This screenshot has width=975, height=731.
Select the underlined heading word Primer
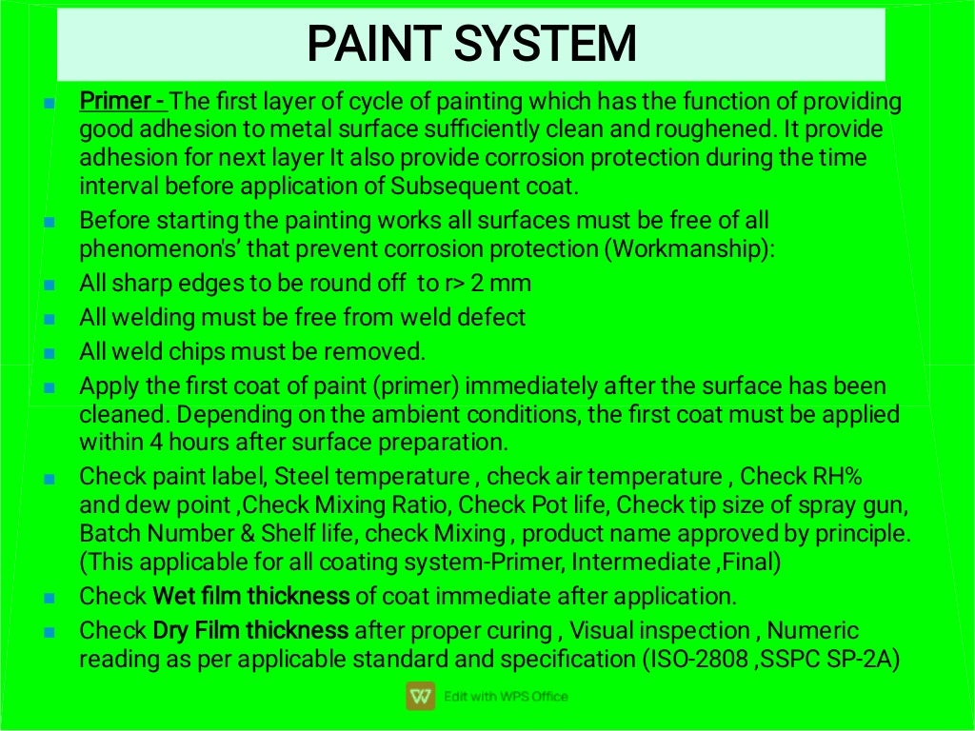(115, 101)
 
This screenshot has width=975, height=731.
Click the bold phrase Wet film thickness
(251, 597)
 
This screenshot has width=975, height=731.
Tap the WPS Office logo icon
(420, 696)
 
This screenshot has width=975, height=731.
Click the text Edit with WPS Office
(506, 697)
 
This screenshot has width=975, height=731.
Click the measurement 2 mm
(502, 283)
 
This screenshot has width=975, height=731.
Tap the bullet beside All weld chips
(50, 352)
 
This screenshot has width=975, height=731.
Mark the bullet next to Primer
(50, 102)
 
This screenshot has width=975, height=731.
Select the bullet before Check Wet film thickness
(50, 598)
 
